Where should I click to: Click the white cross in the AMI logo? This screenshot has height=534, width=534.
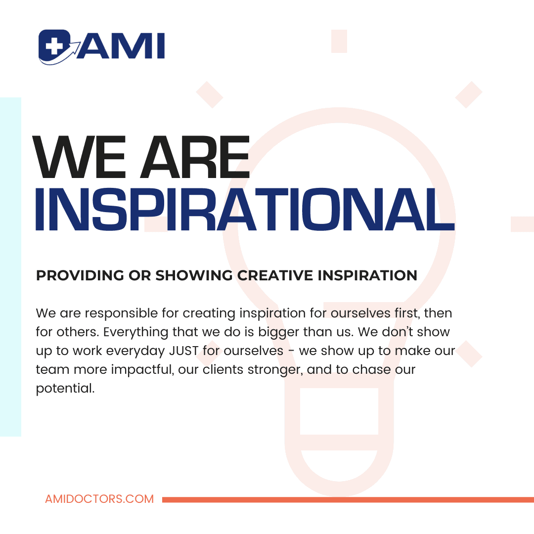pyautogui.click(x=52, y=44)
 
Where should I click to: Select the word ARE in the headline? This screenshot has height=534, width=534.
pyautogui.click(x=195, y=157)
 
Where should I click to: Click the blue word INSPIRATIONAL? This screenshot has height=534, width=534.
pyautogui.click(x=245, y=210)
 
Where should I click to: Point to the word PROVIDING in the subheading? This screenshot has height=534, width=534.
pyautogui.click(x=80, y=275)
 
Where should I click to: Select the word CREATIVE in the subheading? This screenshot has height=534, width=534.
pyautogui.click(x=275, y=275)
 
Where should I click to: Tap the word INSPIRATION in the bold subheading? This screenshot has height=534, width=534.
pyautogui.click(x=367, y=275)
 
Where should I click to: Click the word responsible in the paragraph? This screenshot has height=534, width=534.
pyautogui.click(x=121, y=313)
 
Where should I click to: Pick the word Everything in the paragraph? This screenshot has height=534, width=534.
pyautogui.click(x=136, y=332)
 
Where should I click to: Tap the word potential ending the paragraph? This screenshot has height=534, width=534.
pyautogui.click(x=65, y=389)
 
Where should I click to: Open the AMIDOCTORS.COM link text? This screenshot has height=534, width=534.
pyautogui.click(x=99, y=499)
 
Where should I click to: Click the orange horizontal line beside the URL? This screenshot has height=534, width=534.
pyautogui.click(x=348, y=499)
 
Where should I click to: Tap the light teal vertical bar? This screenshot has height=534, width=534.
pyautogui.click(x=10, y=267)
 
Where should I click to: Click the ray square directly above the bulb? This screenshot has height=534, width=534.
pyautogui.click(x=339, y=41)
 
